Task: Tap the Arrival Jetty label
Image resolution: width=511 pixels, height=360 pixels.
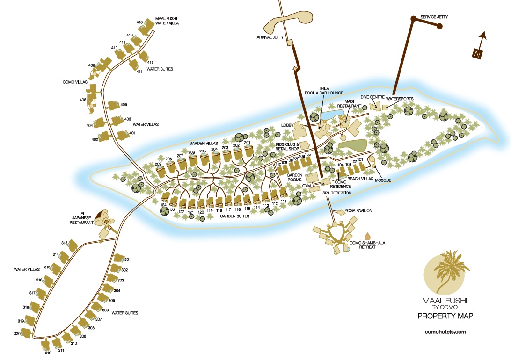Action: [x=270, y=37]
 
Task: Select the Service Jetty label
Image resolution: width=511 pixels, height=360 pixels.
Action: [x=434, y=17]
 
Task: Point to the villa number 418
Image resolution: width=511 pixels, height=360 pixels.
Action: [x=139, y=22]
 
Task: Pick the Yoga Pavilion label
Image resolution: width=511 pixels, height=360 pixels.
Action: [x=358, y=211]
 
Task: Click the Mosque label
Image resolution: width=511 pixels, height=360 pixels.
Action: [x=382, y=180]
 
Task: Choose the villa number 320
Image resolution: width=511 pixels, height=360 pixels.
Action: [x=17, y=333]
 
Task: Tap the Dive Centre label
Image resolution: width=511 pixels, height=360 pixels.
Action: [x=372, y=97]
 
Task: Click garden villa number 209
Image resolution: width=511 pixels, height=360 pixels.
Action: [x=158, y=164]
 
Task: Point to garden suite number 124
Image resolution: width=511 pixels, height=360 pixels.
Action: [x=163, y=205]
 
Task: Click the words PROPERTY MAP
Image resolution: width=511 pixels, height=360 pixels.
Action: [x=445, y=317]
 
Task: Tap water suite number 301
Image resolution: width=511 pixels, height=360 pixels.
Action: [x=127, y=259]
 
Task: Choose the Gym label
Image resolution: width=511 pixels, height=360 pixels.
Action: [x=307, y=186]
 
